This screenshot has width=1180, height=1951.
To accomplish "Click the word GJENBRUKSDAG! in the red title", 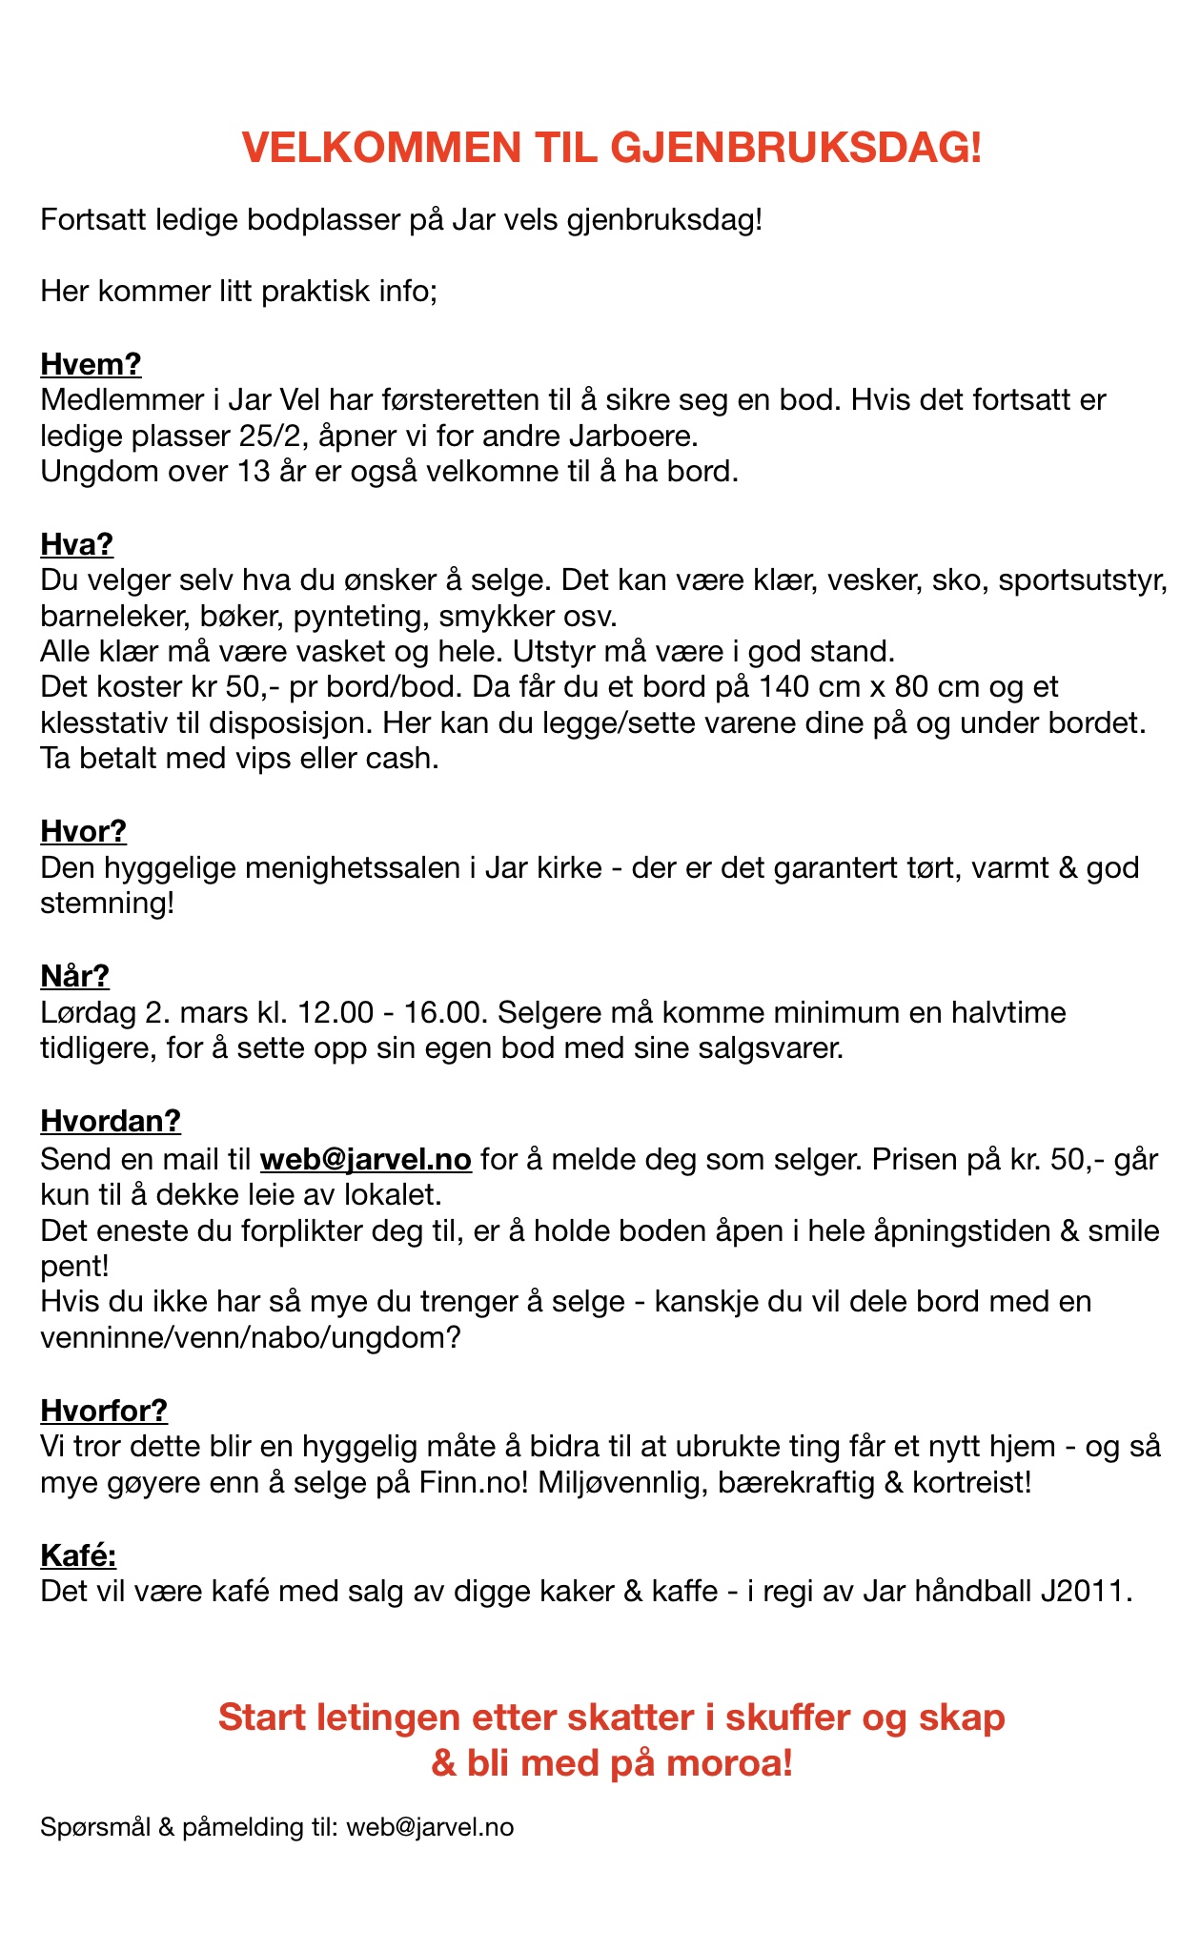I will coord(795,150).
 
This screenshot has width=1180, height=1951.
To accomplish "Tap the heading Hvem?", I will coord(91,364).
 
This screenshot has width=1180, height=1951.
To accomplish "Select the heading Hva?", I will coord(76,544).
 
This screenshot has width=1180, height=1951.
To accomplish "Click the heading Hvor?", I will coord(83,831).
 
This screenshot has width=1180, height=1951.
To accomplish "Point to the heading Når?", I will coord(74,975).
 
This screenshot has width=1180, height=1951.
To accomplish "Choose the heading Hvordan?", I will coord(111,1120).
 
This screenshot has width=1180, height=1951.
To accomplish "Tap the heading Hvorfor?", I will coord(104,1410).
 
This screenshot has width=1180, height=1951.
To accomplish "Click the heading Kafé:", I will coord(78,1555).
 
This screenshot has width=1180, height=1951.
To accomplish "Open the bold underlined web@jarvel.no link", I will coord(366,1159).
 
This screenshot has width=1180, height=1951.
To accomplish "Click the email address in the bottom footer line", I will coord(430,1826).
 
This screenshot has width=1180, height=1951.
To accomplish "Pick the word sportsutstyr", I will coord(1083,579).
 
